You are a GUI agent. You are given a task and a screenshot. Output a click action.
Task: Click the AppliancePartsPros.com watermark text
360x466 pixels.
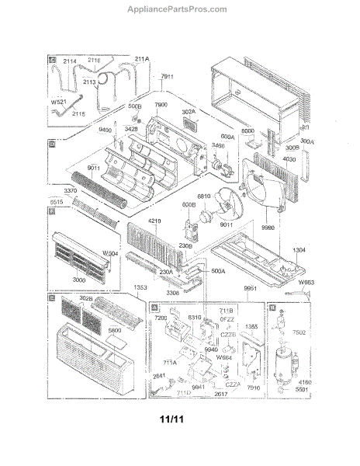(179, 9)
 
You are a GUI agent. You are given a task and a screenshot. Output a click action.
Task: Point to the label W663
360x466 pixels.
(308, 283)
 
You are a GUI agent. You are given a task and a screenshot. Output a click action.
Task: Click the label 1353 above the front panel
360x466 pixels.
(139, 287)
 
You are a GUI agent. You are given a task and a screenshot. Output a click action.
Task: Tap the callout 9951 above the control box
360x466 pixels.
(250, 288)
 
